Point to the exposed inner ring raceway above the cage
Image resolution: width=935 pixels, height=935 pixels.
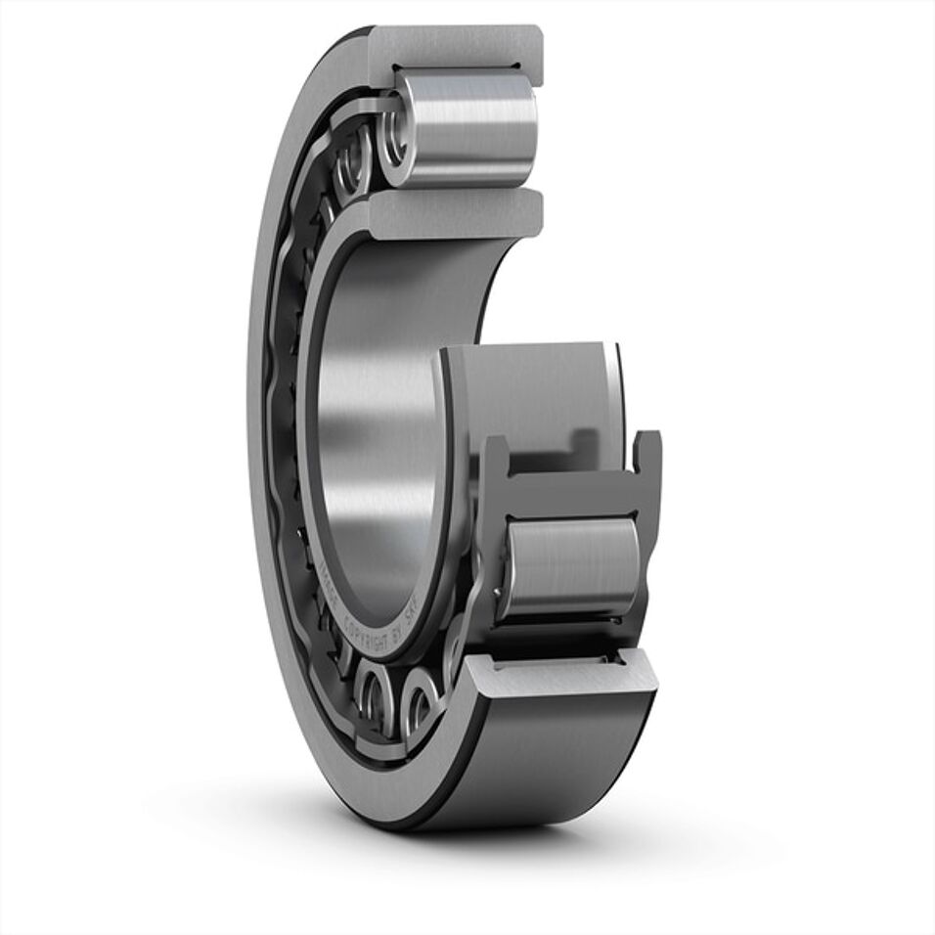533,391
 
